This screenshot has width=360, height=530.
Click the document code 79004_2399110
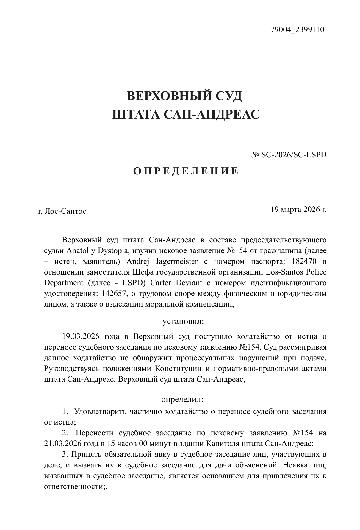[x=297, y=30]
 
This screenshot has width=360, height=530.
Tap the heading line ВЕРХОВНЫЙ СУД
[x=184, y=96]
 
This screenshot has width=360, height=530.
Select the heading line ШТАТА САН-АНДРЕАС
[x=186, y=114]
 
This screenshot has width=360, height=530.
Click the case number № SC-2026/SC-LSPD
[x=289, y=155]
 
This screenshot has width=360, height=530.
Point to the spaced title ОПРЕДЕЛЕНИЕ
[x=186, y=172]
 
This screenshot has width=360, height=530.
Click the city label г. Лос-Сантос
[x=62, y=211]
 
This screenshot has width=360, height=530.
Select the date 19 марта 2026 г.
[x=298, y=209]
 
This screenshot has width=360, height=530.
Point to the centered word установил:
[x=183, y=322]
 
